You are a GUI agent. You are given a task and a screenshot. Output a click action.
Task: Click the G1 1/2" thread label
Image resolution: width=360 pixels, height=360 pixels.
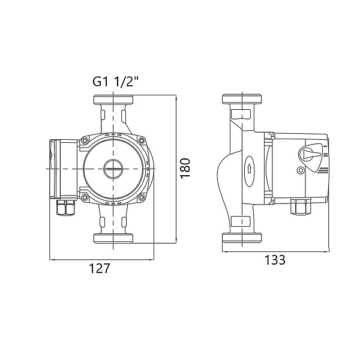(116, 82)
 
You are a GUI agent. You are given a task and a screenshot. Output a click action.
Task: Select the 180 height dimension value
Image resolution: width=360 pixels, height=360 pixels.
(185, 168)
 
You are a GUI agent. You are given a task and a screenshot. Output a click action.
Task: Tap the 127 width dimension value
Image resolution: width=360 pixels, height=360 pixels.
(100, 268)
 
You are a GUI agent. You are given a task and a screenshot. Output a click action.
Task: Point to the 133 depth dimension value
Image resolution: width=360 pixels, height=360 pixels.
(275, 260)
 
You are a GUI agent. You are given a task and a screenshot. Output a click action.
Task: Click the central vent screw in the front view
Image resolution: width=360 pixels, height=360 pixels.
(113, 169)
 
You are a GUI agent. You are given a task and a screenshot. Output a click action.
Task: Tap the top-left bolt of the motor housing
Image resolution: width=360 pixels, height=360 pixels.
(85, 140)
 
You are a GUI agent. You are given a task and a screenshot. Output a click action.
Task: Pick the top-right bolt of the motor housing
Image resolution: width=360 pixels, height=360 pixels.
(142, 140)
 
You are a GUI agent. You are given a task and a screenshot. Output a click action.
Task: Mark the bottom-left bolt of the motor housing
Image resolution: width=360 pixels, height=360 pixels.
(85, 197)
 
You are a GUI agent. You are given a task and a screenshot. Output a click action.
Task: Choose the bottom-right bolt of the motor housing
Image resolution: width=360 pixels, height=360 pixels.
(142, 197)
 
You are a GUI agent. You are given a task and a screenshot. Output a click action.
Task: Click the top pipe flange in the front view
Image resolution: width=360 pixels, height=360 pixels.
(113, 99)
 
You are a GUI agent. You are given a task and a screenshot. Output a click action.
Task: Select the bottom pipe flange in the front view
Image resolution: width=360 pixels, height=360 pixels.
(113, 238)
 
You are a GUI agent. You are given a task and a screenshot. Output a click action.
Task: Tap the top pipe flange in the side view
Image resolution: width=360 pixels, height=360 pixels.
(242, 99)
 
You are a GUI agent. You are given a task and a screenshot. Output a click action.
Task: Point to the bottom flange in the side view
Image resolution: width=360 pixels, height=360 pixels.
(242, 238)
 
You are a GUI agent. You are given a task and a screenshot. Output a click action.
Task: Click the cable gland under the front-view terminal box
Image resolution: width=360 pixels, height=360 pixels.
(65, 208)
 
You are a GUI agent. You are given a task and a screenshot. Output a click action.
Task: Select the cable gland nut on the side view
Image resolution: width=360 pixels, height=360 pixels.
(301, 206)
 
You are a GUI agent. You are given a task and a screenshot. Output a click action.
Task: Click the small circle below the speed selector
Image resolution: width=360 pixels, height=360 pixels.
(301, 170)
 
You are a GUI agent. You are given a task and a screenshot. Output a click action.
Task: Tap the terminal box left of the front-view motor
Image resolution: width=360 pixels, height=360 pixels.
(64, 169)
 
